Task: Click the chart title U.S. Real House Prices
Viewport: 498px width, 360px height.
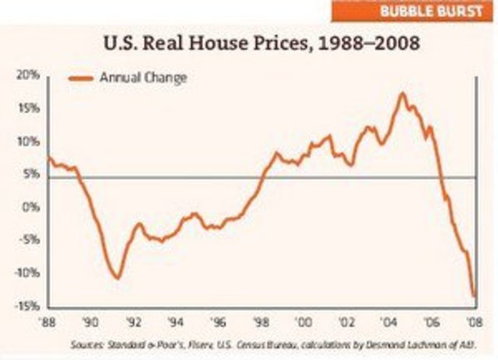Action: pyautogui.click(x=258, y=44)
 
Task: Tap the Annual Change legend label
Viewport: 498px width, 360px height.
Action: pyautogui.click(x=142, y=77)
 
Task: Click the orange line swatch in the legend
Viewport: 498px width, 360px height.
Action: pyautogui.click(x=82, y=78)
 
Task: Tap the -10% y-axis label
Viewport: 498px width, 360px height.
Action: pyautogui.click(x=27, y=274)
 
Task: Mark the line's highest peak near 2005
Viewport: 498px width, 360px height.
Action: pyautogui.click(x=402, y=94)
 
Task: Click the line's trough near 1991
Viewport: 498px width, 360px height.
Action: pyautogui.click(x=117, y=278)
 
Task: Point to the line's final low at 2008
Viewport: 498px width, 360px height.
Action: pyautogui.click(x=475, y=296)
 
